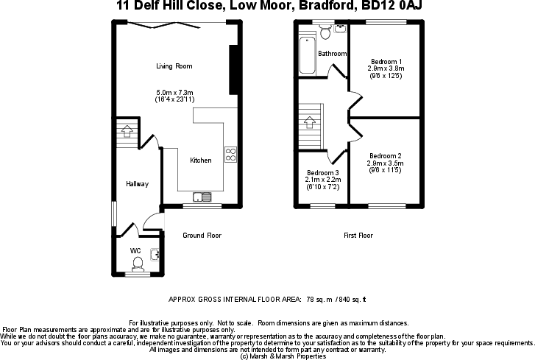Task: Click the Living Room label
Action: click(174, 66)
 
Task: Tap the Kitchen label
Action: click(201, 160)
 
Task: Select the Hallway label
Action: click(137, 184)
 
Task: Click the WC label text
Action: click(135, 251)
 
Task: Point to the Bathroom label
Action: click(332, 54)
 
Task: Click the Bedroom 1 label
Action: click(386, 61)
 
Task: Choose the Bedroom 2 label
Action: click(386, 156)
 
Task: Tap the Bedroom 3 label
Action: click(322, 172)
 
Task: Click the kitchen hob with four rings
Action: click(230, 155)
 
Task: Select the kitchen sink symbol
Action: click(202, 197)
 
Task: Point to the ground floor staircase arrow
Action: click(127, 132)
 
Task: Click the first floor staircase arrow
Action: click(309, 120)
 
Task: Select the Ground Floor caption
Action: click(202, 236)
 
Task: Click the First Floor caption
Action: click(358, 236)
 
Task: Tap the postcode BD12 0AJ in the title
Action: click(394, 7)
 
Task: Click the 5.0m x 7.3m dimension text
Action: click(174, 91)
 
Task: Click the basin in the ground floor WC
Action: click(155, 256)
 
